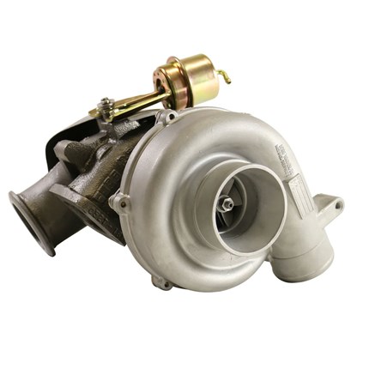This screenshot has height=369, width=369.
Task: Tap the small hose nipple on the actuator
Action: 225,76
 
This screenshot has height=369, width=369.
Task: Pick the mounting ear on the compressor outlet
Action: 336,204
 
